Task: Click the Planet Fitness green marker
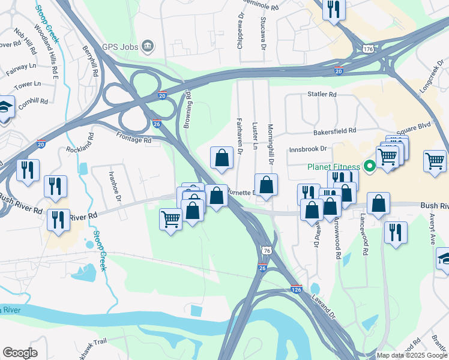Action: [x=370, y=166]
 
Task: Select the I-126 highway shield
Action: [x=297, y=289]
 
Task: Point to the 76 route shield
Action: [x=265, y=249]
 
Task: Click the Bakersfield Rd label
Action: [x=335, y=130]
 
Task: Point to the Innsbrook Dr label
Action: [x=308, y=148]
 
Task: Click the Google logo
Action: [x=20, y=352]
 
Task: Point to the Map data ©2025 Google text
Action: [x=412, y=355]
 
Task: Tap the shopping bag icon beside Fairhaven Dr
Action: [x=221, y=157]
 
